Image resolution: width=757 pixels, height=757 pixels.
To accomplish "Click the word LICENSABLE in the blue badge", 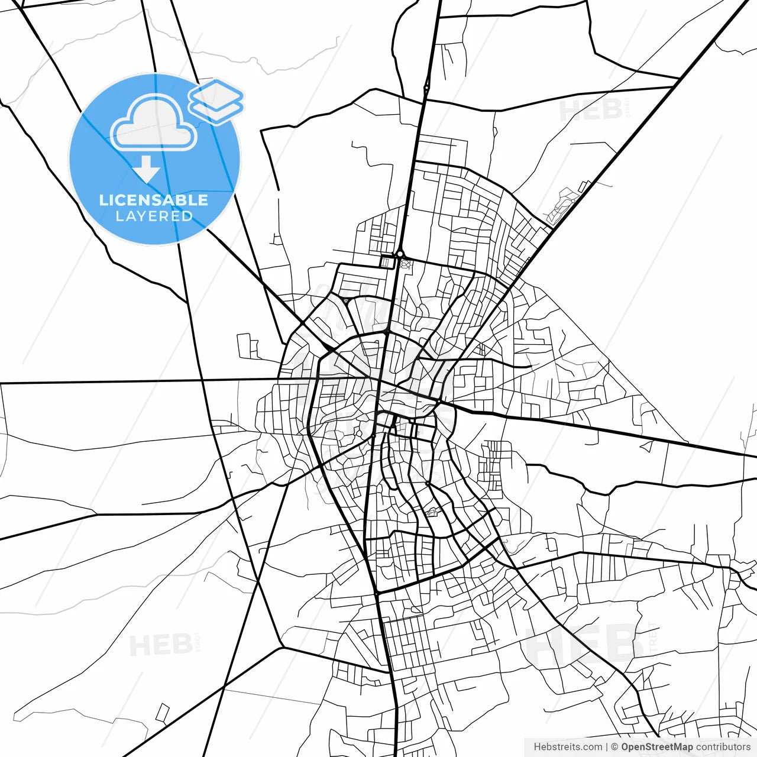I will (x=154, y=200).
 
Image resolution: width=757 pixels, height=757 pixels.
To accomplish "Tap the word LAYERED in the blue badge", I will (x=154, y=216).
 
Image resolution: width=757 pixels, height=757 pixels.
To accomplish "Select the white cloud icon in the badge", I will (x=154, y=123).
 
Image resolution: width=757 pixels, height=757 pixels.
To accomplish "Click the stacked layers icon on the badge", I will (x=216, y=101).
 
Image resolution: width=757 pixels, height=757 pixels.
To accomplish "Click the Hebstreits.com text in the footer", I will (x=568, y=747).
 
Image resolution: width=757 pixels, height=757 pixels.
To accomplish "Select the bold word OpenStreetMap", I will (x=656, y=747).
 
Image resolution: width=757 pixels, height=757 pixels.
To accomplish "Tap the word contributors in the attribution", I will (x=723, y=747).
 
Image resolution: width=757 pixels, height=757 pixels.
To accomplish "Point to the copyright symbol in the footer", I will (x=614, y=747).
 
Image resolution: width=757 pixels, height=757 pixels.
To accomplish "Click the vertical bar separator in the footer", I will (x=607, y=747).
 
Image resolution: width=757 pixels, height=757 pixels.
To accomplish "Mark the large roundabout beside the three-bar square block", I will (x=400, y=254).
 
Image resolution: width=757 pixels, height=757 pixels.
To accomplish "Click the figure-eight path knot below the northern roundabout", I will (x=405, y=264).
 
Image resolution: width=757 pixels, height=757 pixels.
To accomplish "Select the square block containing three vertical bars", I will (x=387, y=261).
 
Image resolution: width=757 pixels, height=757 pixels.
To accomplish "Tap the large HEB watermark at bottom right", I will (x=583, y=644).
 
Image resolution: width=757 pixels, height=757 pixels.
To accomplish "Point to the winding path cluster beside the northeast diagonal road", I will (x=562, y=204).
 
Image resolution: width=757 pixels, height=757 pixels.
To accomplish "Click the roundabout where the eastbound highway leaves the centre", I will (x=438, y=403).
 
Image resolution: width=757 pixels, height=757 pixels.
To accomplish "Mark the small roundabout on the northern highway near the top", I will (x=426, y=88).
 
